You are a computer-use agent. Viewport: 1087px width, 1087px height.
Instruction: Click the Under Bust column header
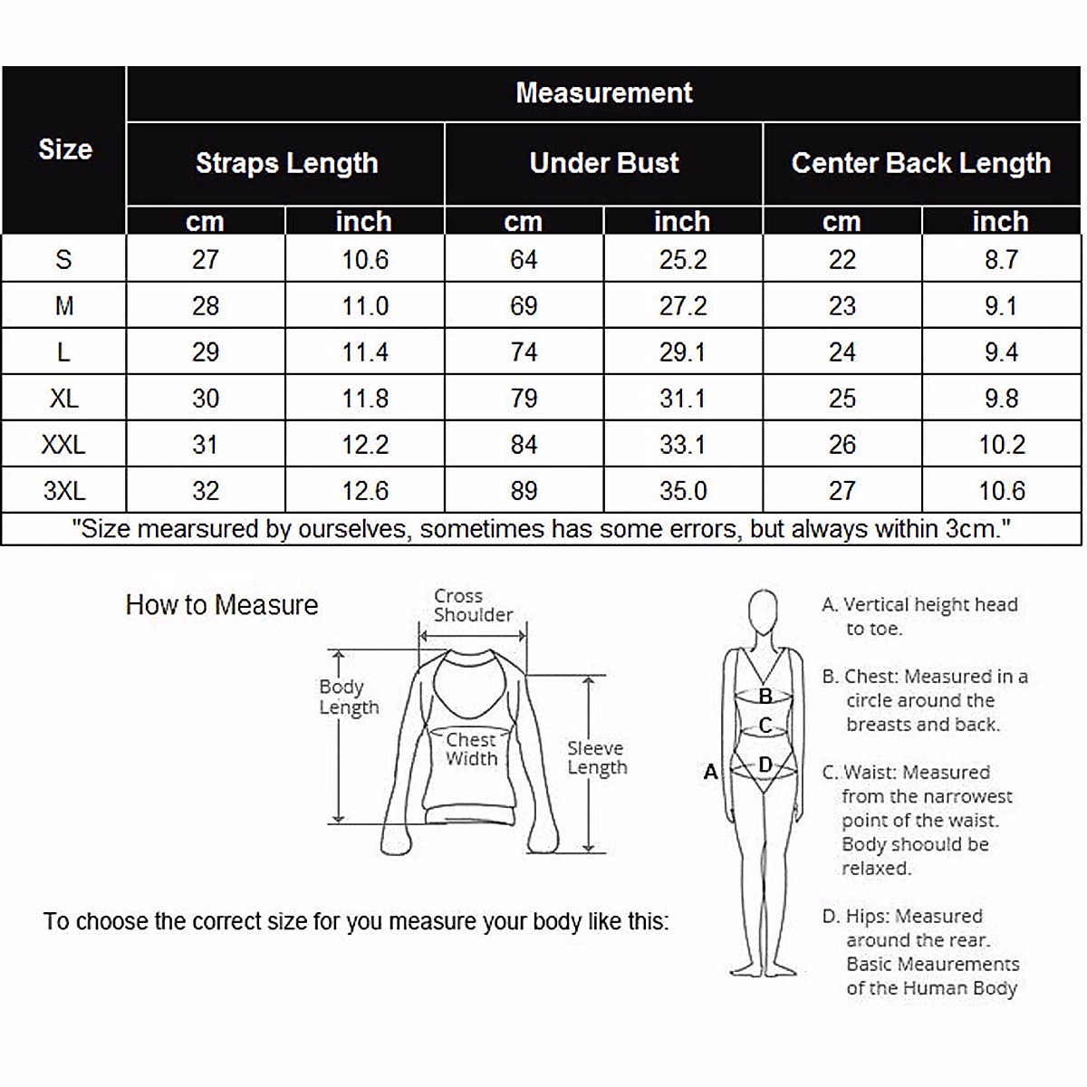(x=603, y=163)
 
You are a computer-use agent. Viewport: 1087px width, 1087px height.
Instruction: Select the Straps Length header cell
(x=286, y=164)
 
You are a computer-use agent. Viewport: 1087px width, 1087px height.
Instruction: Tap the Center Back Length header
(x=921, y=164)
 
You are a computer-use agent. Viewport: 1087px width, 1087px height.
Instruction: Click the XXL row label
(x=63, y=445)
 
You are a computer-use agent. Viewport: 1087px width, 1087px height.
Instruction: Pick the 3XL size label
(x=64, y=491)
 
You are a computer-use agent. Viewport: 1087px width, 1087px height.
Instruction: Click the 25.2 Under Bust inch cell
(x=683, y=260)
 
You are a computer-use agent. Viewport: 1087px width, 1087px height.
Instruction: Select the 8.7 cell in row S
(x=1001, y=260)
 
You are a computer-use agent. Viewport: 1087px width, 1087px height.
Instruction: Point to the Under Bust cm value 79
(x=524, y=399)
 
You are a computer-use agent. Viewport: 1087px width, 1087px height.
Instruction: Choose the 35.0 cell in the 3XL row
(x=683, y=491)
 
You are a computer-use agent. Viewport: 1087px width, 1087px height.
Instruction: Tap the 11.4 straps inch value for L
(x=365, y=352)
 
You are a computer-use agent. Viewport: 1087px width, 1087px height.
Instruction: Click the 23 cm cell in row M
(x=842, y=306)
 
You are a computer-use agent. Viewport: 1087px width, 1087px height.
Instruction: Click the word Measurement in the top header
(x=603, y=93)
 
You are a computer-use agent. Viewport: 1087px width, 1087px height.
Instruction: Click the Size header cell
(x=65, y=149)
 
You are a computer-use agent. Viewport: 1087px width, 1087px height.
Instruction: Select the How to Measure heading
(x=222, y=605)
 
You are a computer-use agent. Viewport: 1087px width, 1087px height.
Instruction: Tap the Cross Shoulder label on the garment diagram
(x=473, y=605)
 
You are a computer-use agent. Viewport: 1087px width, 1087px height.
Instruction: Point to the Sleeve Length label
(x=597, y=757)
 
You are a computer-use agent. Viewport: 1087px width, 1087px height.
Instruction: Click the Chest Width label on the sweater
(x=471, y=749)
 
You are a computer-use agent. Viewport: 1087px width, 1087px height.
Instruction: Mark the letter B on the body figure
(x=765, y=696)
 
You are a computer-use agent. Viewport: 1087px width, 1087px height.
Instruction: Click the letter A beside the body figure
(x=711, y=771)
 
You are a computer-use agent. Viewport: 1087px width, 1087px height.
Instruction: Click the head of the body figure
(x=764, y=613)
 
